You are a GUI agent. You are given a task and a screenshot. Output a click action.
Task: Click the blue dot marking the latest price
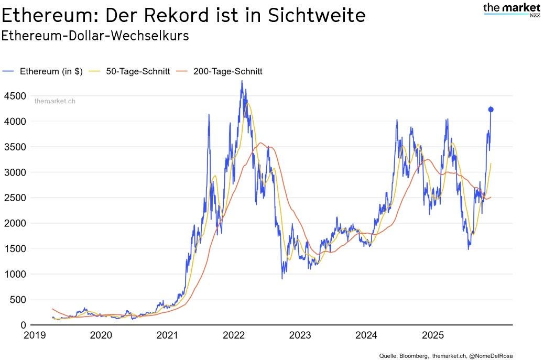(x=491, y=110)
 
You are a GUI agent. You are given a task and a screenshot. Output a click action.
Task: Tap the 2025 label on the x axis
(x=433, y=335)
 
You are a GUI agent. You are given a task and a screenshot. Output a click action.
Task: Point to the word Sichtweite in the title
(x=317, y=15)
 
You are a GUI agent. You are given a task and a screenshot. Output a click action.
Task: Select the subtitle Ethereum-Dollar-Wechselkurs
(x=95, y=36)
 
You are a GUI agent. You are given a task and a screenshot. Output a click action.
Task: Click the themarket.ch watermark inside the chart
(x=55, y=101)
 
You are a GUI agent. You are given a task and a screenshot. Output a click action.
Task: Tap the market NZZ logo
(x=512, y=9)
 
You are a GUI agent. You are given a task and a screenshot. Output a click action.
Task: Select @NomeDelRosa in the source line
(x=492, y=356)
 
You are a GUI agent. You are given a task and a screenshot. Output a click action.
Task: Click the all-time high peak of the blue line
(x=242, y=81)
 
